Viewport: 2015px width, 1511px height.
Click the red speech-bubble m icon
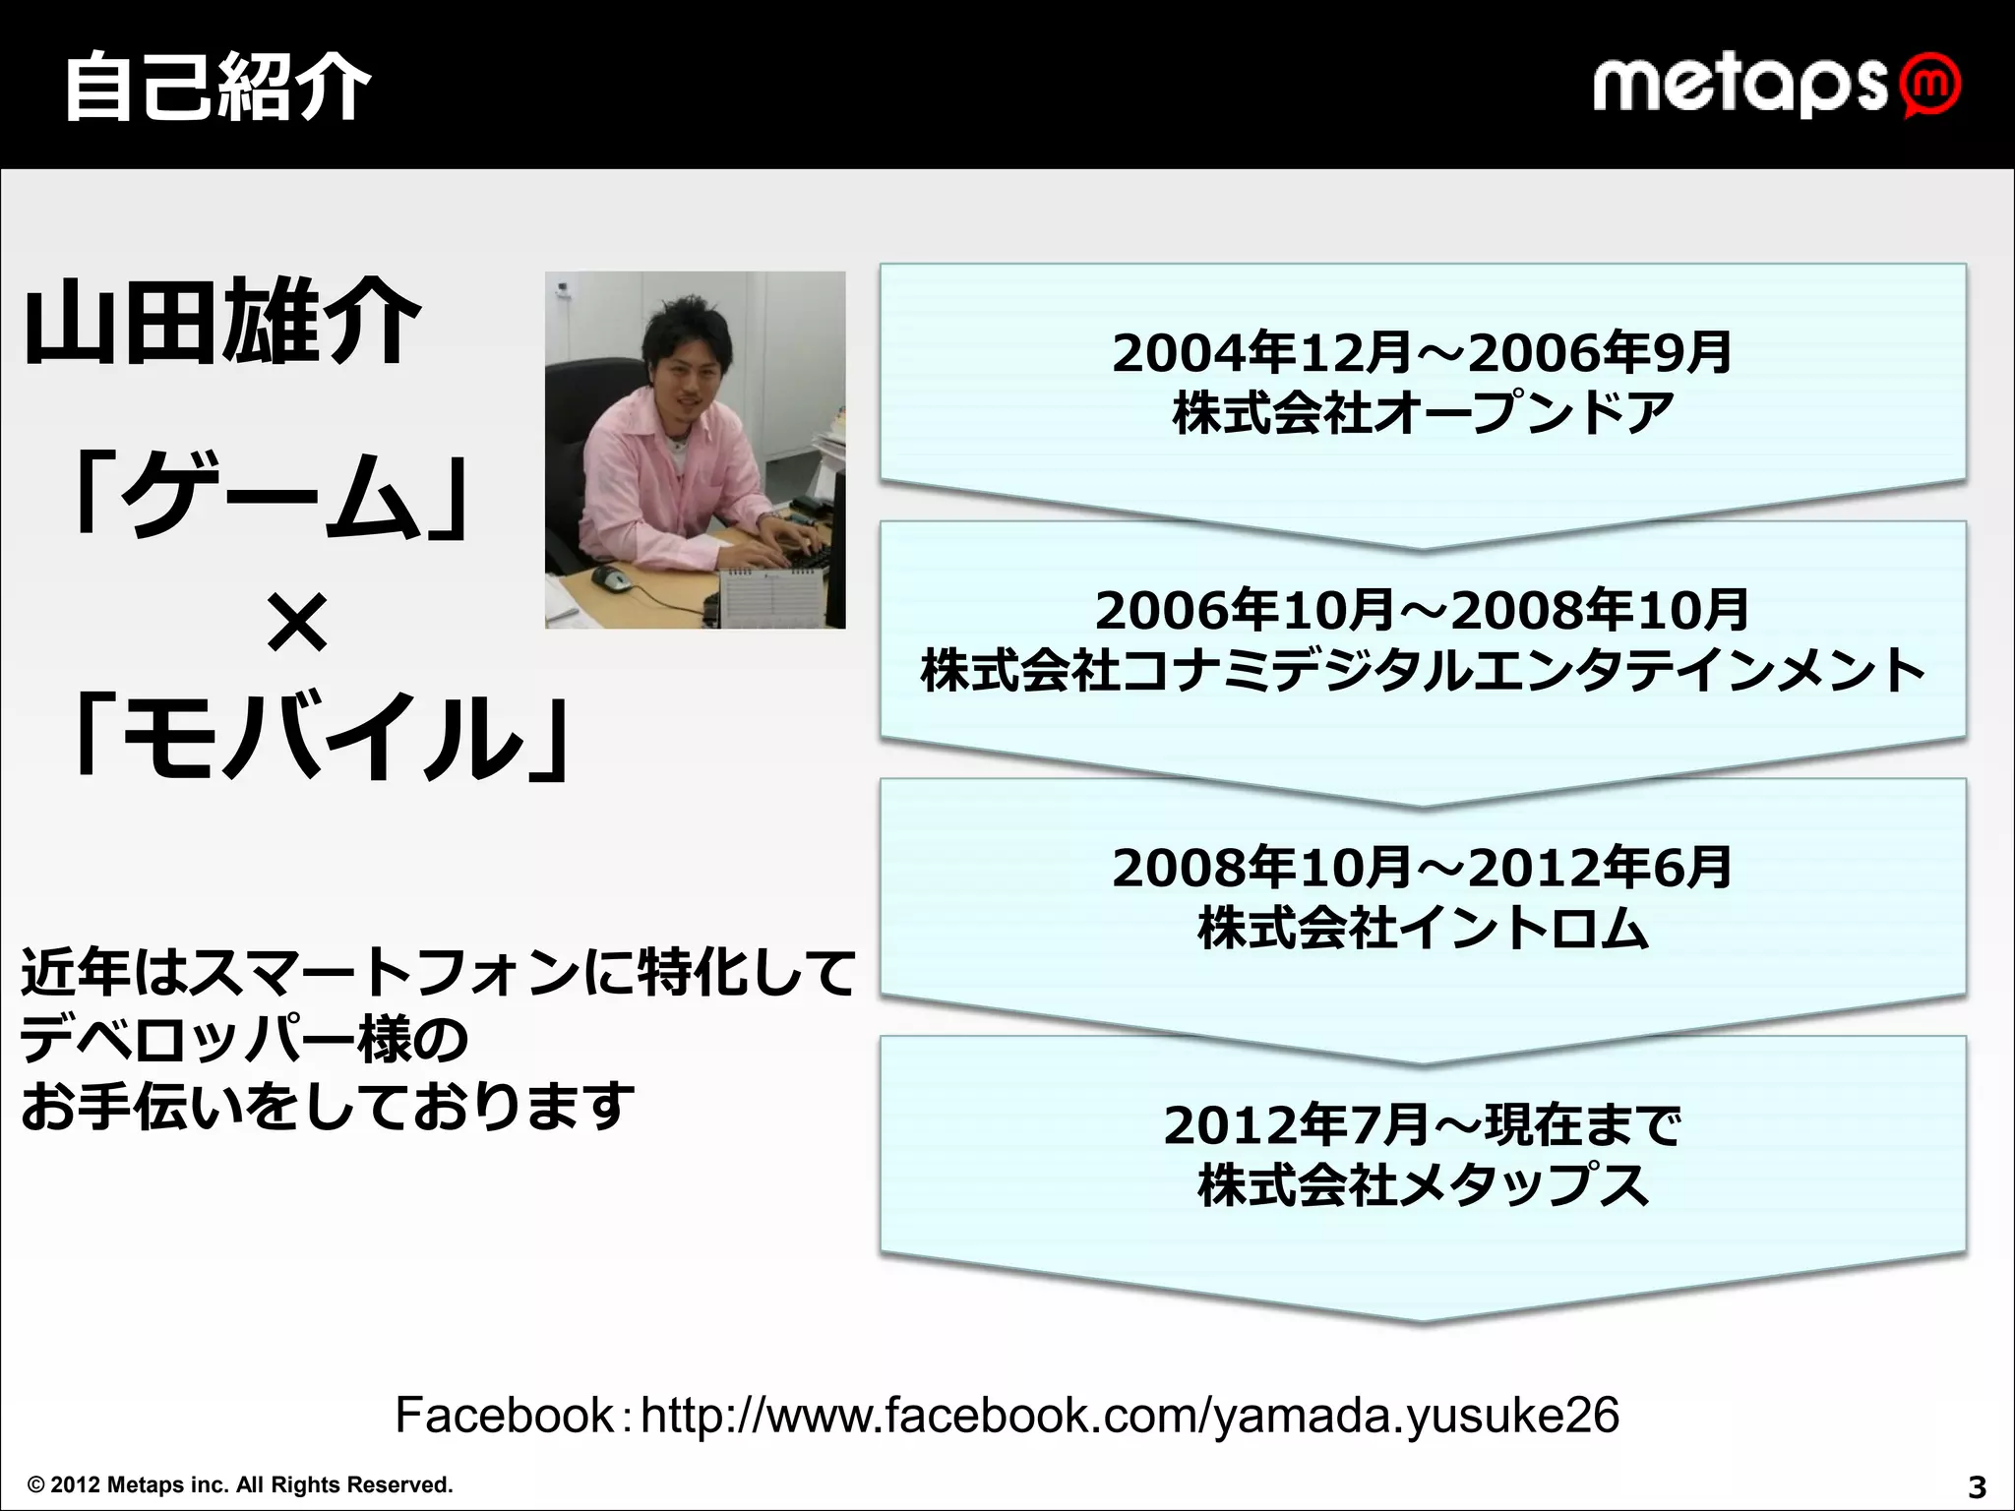1930,86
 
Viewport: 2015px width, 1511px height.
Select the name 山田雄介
223,322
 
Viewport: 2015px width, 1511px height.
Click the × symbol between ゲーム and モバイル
296,622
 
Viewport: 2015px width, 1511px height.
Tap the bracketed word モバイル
321,737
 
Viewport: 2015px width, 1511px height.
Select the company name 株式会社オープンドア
1423,412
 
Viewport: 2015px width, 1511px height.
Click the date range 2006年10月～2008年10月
1422,610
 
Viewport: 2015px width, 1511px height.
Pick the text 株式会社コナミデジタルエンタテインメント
1423,671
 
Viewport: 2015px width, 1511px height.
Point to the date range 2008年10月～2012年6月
1422,868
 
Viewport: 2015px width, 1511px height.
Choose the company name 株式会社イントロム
1423,928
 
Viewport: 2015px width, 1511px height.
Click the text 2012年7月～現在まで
1422,1124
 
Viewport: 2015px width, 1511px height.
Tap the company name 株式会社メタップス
1423,1184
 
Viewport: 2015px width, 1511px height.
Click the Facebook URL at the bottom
1129,1416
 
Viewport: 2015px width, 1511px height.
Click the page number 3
1977,1486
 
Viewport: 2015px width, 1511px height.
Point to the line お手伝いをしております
328,1106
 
